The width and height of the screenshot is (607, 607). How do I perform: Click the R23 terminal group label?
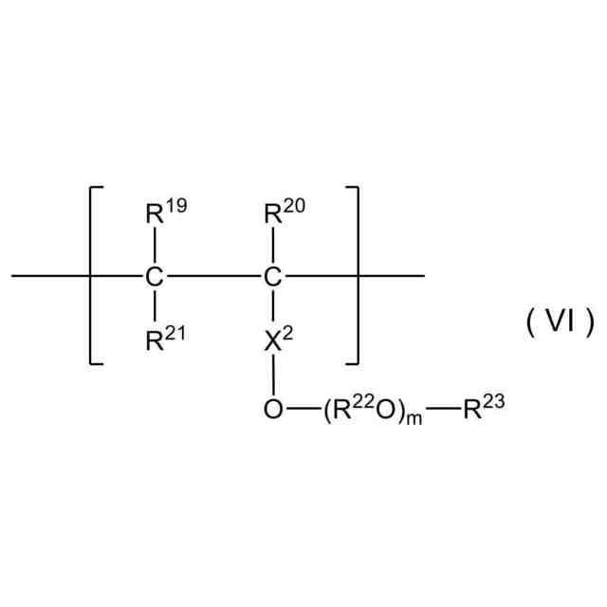coord(483,410)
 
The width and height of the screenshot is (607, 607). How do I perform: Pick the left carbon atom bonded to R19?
coord(154,278)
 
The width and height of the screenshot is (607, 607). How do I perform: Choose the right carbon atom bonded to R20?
coord(272,278)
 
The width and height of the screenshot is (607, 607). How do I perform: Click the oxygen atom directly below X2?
coord(272,411)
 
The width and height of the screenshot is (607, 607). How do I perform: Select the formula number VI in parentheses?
coord(560,322)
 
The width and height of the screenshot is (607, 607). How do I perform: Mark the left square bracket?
coord(93,276)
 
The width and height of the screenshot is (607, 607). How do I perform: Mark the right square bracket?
coord(356,276)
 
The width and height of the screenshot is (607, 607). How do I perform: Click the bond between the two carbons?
coord(212,278)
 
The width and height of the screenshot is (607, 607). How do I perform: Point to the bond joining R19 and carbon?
coord(154,247)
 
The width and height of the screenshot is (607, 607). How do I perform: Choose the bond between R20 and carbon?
coord(272,247)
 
